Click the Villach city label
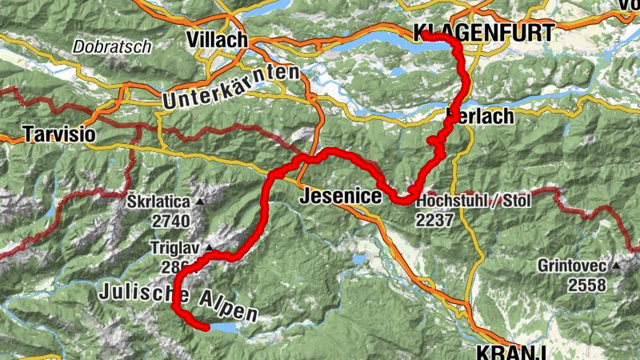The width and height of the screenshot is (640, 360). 217,39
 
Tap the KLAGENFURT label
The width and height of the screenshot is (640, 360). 483,33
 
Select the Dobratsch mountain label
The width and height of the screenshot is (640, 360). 111,47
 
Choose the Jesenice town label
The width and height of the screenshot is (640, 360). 335,196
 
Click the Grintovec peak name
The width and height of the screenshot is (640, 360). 571,265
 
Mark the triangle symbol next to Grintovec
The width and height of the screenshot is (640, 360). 616,265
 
